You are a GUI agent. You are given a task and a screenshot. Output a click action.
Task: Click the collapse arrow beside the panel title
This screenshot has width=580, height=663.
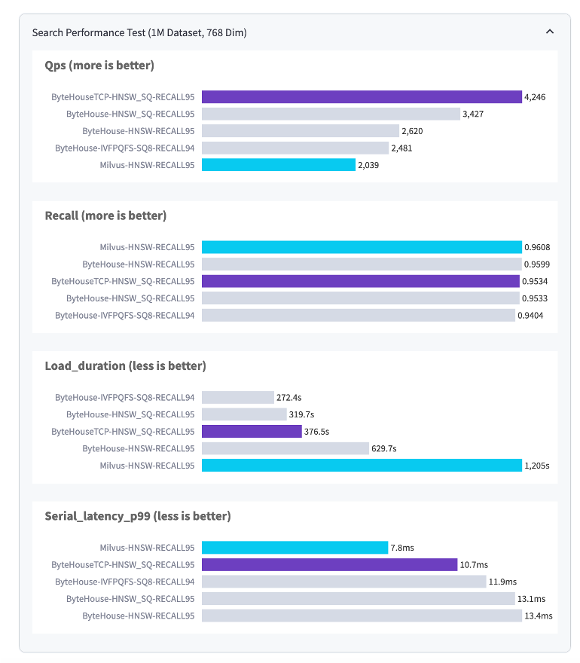550,32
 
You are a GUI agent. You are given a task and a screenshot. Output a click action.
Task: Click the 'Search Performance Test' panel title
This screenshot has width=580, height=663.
139,32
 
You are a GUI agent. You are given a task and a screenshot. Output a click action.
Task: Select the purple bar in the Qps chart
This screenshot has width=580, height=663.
362,97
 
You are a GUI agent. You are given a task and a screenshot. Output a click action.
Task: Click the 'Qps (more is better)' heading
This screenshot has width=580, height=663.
99,66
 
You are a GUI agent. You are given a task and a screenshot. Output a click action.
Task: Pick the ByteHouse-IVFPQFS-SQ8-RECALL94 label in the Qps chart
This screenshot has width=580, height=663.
125,148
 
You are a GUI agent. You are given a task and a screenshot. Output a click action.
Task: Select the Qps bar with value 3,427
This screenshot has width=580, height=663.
331,114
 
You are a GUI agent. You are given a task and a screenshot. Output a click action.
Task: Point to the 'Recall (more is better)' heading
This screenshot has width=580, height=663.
105,215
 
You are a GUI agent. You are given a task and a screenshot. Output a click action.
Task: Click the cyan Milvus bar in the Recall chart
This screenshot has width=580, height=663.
362,247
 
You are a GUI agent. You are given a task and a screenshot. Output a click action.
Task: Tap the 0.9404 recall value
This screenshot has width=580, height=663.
530,315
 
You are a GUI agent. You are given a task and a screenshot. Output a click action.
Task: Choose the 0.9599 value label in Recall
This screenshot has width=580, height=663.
537,264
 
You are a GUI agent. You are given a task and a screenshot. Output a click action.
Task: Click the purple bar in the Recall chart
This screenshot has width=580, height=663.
362,281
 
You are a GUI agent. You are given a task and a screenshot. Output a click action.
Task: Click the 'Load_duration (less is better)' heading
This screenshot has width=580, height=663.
125,366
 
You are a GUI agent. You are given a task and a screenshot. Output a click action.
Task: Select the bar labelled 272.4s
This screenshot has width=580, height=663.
237,397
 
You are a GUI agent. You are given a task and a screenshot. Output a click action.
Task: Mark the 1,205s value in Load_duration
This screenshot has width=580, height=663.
537,466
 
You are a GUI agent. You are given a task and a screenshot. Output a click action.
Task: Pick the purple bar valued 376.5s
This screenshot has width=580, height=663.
252,432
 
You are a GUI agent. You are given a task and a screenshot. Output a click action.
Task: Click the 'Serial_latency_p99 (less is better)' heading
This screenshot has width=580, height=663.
138,516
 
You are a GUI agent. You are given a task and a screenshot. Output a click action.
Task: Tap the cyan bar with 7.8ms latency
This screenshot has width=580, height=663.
295,548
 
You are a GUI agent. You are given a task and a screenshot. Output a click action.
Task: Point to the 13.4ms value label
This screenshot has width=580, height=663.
539,616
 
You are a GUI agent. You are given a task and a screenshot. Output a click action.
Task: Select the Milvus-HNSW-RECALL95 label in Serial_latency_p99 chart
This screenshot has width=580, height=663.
147,548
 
